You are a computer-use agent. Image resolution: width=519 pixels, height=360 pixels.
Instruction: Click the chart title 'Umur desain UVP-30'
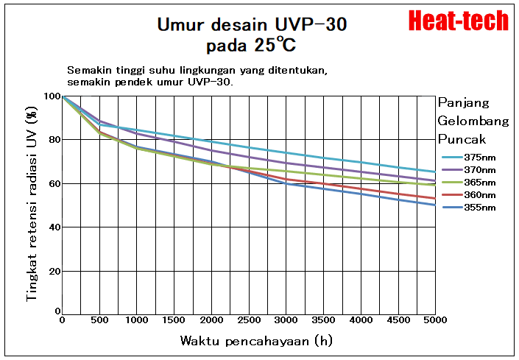[252, 24]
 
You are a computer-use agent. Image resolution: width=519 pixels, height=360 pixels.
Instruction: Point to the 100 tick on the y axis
[52, 96]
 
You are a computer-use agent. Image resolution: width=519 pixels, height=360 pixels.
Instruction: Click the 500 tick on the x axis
[99, 321]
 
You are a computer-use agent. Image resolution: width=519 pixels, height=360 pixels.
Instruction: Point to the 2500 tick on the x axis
[249, 321]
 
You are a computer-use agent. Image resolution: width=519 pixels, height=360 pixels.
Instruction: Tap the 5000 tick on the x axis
[435, 321]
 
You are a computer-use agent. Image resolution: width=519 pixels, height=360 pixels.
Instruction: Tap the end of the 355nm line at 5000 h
[435, 205]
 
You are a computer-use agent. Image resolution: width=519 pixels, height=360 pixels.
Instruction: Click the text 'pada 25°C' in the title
[251, 45]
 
